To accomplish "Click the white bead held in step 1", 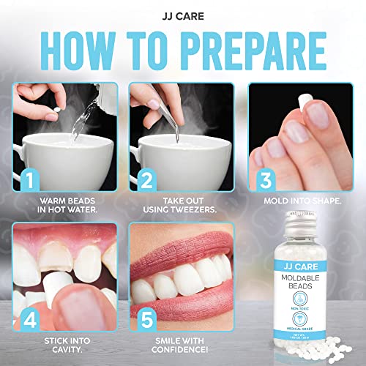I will pos(51,107).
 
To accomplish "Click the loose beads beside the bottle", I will pos(315,350).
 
